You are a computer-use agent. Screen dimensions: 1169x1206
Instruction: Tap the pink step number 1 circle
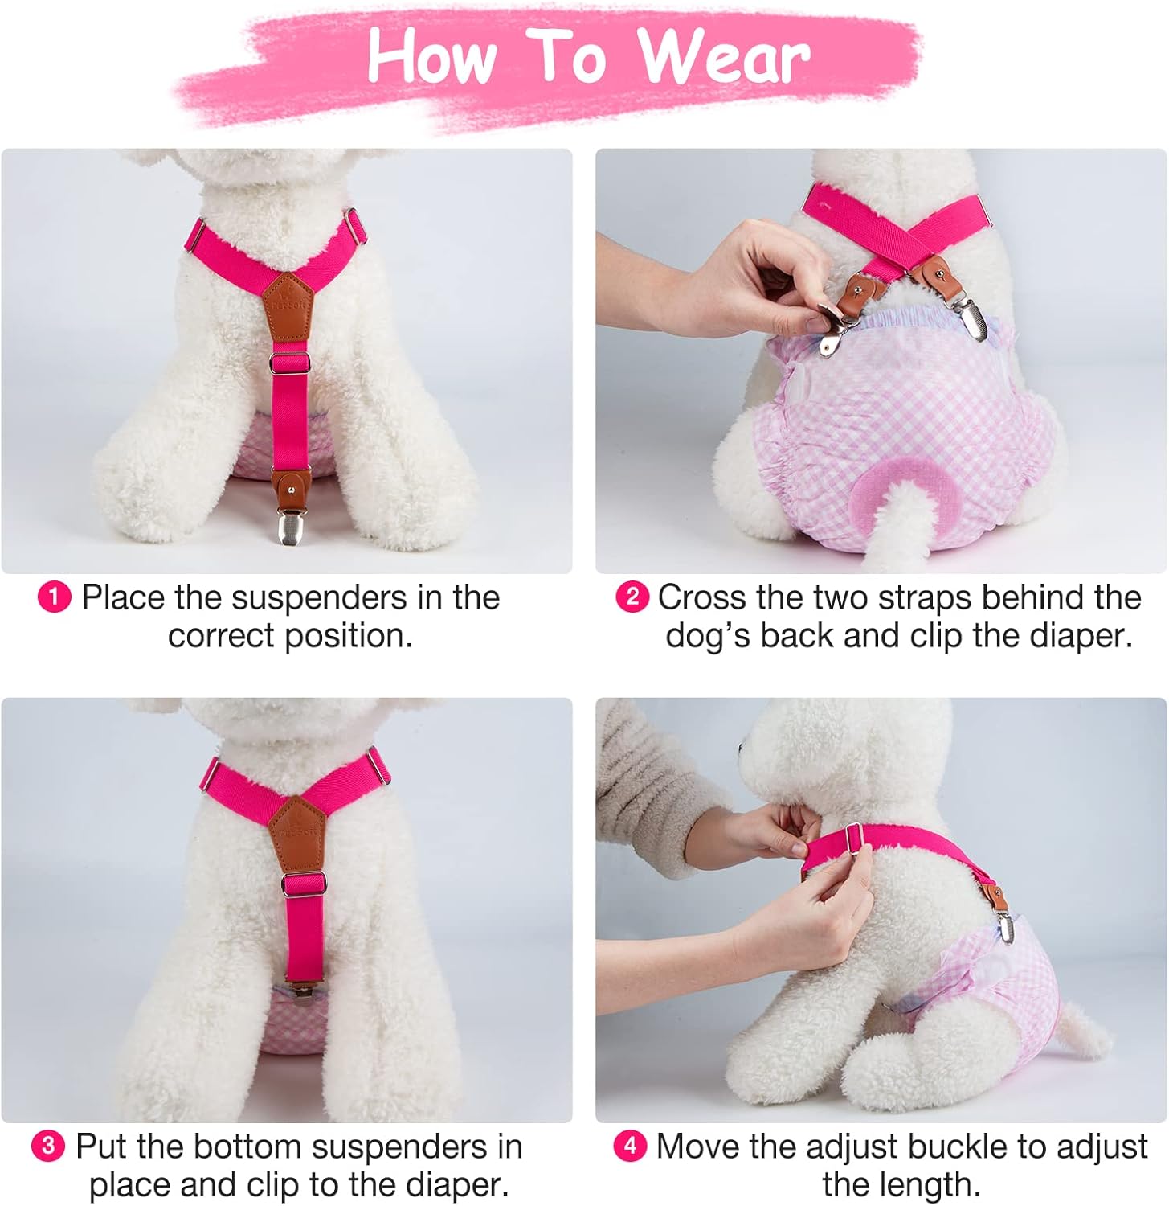point(54,597)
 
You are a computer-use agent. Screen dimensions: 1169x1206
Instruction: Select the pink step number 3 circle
point(48,1146)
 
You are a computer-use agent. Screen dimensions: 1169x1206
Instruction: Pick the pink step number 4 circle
point(630,1146)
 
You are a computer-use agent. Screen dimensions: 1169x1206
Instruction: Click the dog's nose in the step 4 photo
point(740,749)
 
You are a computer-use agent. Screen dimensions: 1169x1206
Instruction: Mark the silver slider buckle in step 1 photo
point(289,361)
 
